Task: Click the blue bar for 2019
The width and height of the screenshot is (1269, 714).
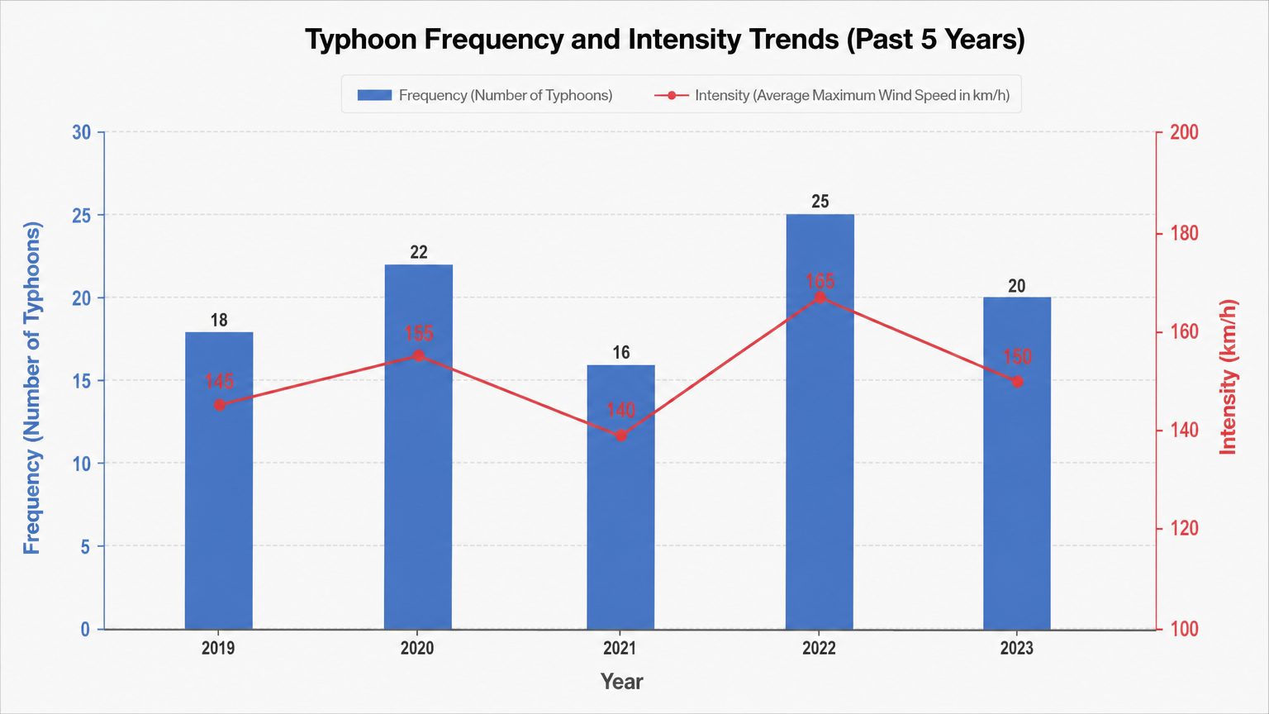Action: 219,480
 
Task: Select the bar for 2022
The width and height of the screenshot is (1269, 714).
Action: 820,421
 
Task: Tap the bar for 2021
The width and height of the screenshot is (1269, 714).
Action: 620,497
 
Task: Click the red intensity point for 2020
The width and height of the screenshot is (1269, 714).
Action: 418,356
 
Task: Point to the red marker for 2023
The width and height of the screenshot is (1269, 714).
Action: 1018,381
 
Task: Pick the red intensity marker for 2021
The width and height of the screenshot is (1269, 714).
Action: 621,436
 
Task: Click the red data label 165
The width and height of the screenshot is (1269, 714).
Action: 820,281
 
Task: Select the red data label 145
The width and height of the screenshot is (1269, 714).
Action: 219,381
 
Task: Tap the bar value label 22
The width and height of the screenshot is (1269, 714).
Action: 419,252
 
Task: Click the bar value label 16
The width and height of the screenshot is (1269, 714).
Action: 621,353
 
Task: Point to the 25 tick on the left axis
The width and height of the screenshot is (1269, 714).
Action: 82,216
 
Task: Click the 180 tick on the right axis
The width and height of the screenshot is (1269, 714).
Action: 1184,234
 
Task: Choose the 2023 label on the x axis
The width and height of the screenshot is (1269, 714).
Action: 1017,648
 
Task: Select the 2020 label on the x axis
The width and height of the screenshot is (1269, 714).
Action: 417,648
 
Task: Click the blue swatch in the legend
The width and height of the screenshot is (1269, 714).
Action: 374,95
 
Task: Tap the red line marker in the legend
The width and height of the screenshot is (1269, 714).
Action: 672,95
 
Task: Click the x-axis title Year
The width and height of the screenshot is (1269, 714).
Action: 621,682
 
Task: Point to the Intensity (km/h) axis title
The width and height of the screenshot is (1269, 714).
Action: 1228,378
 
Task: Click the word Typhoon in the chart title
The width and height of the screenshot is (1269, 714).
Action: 361,40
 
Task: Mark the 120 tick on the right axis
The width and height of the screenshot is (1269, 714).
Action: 1184,529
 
